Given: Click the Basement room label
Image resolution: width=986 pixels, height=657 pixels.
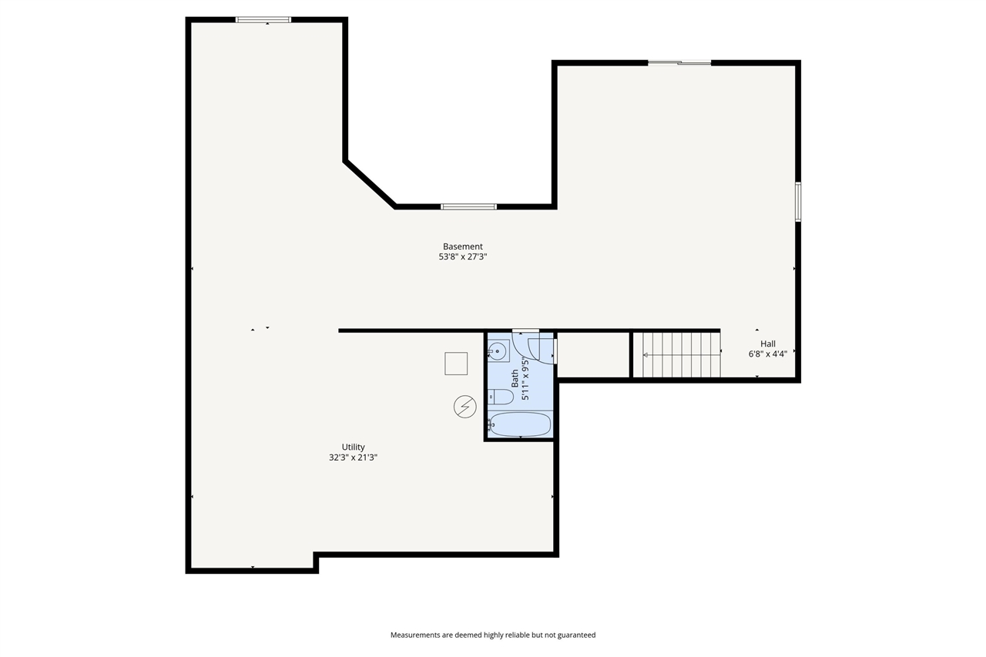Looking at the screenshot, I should point(462,246).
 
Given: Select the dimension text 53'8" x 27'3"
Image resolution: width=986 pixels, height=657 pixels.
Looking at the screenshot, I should point(462,257).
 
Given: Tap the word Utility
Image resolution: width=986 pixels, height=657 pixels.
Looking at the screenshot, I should point(353,447).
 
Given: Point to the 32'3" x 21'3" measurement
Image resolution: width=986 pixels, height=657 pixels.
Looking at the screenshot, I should point(353,458).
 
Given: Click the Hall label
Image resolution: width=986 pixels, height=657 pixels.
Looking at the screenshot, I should point(767,344).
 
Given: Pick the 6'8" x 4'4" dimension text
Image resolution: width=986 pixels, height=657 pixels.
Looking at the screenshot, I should point(767,355).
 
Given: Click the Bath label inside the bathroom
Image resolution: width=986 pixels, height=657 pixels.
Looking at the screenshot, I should point(515,378).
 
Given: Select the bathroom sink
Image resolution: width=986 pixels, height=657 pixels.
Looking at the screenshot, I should point(497,352).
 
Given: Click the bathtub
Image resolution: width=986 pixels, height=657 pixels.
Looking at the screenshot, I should point(521,424).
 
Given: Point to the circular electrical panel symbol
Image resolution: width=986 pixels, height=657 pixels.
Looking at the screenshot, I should point(464,407).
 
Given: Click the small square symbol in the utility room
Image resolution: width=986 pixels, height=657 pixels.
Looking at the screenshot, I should point(456,364).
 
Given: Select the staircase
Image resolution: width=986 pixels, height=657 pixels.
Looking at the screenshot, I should point(676,355).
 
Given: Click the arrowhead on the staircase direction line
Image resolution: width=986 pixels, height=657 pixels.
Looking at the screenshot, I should point(646,355).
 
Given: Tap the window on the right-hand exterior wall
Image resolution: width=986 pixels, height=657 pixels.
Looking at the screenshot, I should point(798,202).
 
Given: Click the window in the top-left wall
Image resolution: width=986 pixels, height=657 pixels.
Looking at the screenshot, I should point(263,19).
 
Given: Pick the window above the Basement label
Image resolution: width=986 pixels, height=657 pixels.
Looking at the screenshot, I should point(468,206).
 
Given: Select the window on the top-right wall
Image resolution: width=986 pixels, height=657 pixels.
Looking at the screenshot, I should point(679,62).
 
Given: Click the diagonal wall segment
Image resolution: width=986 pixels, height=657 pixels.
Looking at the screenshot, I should point(370,184).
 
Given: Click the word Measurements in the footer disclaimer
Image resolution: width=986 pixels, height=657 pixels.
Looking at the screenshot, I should point(415,635).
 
